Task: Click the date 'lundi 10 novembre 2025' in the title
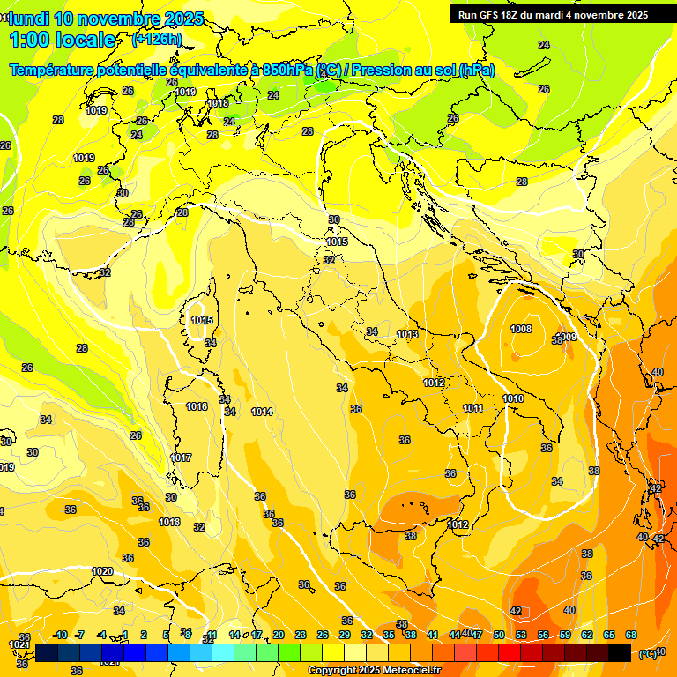pos(107,19)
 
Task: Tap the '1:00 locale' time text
pos(63,40)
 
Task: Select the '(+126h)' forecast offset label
pos(156,40)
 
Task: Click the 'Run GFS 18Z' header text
pos(495,15)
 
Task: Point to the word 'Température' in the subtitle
pos(55,70)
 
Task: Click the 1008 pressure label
pos(521,329)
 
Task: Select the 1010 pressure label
pos(513,399)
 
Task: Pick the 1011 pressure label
pos(472,408)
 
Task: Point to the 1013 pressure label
pos(407,334)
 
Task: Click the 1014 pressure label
pos(262,412)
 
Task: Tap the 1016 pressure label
pos(197,406)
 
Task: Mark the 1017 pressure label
pos(181,458)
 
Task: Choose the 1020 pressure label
pos(102,571)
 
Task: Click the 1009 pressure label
pos(567,337)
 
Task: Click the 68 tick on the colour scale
pos(631,635)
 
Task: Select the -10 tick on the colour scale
pos(60,635)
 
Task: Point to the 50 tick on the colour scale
pos(498,635)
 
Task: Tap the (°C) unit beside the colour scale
pos(647,653)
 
